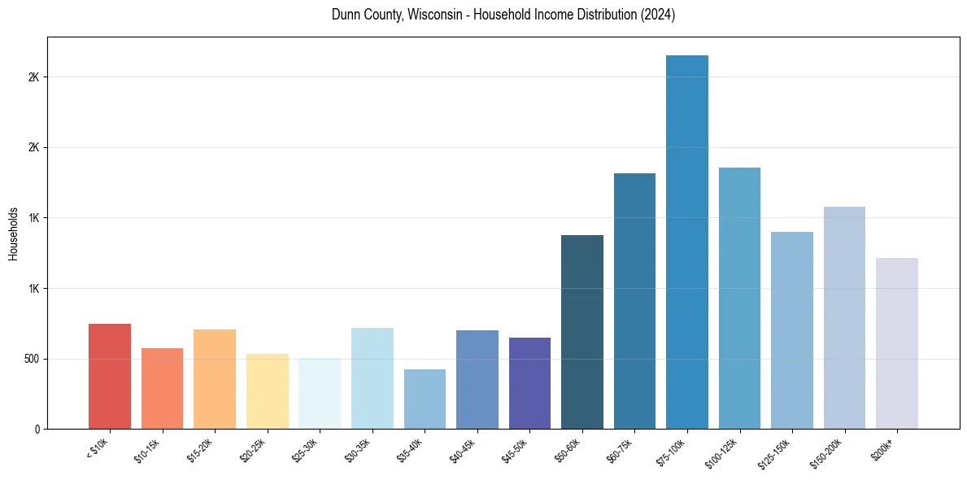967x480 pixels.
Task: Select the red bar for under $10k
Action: click(110, 376)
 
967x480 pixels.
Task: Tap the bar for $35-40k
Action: click(425, 399)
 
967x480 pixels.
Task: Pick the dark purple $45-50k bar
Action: click(529, 382)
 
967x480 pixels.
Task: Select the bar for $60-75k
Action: click(634, 301)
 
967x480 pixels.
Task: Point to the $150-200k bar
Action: click(844, 317)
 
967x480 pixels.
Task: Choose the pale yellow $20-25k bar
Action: click(268, 391)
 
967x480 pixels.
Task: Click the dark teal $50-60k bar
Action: click(582, 332)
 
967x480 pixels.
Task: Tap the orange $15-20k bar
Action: click(215, 379)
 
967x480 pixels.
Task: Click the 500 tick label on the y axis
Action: click(31, 359)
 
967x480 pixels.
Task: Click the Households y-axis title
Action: click(14, 233)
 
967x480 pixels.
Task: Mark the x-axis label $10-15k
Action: click(147, 449)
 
